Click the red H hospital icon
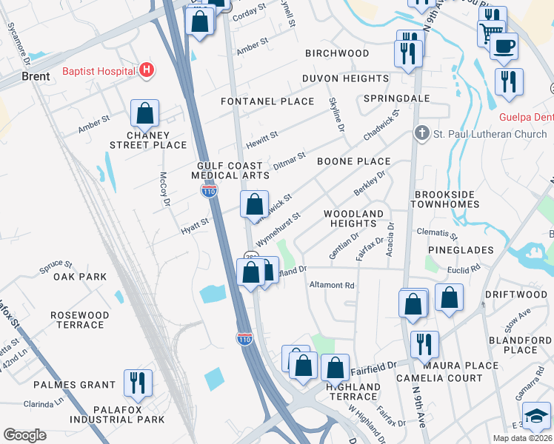coord(147,71)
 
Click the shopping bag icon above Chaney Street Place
coord(145,114)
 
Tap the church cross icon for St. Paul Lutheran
coord(421,134)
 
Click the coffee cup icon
coord(504,46)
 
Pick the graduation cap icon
coord(536,415)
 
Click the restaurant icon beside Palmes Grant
coord(138,383)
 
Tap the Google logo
coord(24,434)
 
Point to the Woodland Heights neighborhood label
coord(354,218)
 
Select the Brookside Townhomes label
coord(442,199)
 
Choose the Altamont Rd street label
coord(332,285)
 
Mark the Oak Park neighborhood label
coord(80,277)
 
